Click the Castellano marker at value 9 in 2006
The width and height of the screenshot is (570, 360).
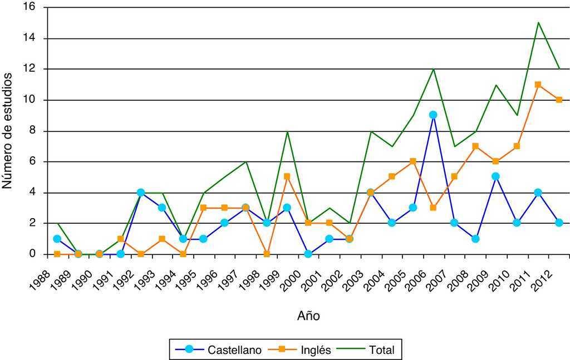[x=433, y=115]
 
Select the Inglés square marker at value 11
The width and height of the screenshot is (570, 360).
[x=538, y=85]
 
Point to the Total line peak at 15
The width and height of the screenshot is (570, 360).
[x=538, y=22]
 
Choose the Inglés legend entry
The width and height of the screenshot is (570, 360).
[x=315, y=350]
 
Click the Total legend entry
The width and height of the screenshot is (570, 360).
[x=381, y=350]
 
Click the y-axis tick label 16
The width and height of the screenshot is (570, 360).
[x=28, y=7]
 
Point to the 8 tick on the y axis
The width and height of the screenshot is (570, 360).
[x=32, y=131]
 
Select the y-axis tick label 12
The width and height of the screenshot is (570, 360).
[x=28, y=69]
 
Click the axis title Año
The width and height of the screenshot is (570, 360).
[x=308, y=316]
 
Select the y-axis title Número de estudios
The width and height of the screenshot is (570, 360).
[x=8, y=130]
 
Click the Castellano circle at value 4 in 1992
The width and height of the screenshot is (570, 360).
[x=141, y=193]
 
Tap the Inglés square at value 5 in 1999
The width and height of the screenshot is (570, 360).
[x=287, y=177]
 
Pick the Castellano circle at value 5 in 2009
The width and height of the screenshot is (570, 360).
[x=496, y=177]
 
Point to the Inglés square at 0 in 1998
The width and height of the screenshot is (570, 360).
[x=266, y=254]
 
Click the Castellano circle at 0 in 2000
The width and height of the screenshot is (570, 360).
[x=308, y=254]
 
